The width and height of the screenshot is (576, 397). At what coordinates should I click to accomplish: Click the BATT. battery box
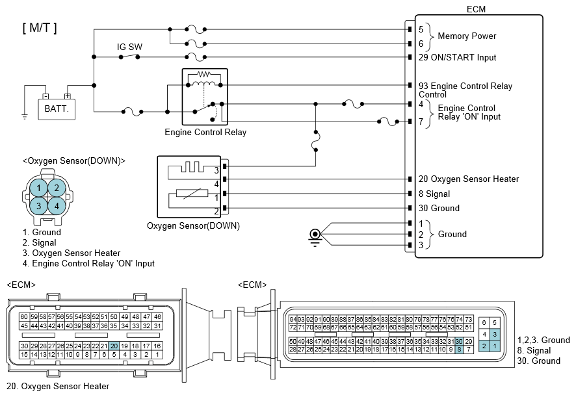[57, 109]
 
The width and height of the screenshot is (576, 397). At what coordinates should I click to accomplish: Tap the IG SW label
[129, 47]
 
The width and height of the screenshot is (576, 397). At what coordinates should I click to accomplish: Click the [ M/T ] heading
[40, 27]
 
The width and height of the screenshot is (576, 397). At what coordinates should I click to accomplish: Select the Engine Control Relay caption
[205, 132]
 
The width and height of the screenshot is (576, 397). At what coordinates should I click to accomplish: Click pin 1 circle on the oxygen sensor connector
[38, 188]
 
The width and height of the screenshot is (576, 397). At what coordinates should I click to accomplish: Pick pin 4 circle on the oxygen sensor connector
[57, 206]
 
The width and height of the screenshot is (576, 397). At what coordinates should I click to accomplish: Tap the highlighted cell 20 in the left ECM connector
[114, 346]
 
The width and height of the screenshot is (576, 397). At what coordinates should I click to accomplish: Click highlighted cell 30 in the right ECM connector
[459, 342]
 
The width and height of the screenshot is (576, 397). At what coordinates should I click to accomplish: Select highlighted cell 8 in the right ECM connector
[459, 350]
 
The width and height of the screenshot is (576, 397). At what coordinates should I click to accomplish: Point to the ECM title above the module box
[476, 9]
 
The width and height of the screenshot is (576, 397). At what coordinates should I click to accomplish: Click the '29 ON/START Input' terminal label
[457, 58]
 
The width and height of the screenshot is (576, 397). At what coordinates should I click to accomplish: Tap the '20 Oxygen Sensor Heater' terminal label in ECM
[469, 179]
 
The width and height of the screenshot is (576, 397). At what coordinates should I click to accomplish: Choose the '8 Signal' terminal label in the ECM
[434, 194]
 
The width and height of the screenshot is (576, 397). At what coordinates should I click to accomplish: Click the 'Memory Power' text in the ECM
[467, 36]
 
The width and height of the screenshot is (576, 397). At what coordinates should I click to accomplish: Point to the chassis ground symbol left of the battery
[25, 116]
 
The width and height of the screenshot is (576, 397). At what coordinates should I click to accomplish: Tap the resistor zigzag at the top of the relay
[204, 74]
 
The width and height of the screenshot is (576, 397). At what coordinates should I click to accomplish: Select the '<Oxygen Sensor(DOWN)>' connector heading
[74, 161]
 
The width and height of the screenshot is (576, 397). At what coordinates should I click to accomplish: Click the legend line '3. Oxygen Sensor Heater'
[72, 253]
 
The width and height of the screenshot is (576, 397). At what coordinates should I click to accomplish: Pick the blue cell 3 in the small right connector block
[495, 334]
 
